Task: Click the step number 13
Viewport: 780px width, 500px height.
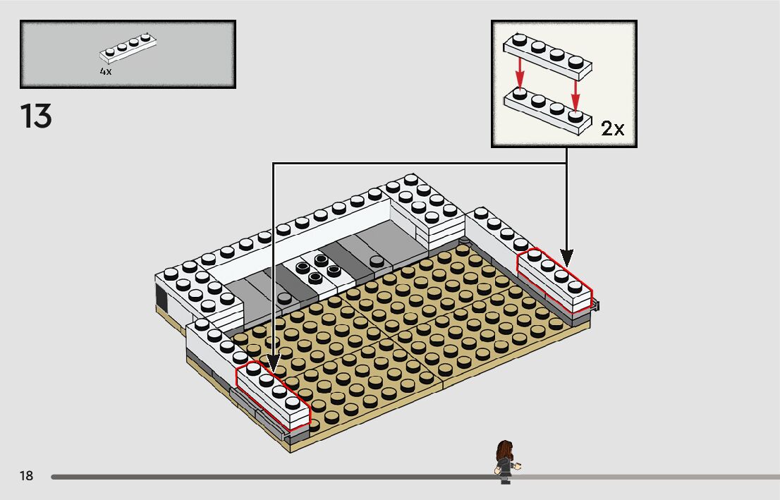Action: pos(36,116)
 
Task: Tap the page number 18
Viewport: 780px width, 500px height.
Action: pos(26,476)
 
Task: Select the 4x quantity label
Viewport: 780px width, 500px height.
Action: pos(106,72)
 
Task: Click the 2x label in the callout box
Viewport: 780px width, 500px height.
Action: pos(612,128)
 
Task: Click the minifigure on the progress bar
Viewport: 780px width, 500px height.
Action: pos(506,463)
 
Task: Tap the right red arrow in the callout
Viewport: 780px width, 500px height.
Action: pos(575,90)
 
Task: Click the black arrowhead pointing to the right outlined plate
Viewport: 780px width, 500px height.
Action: pos(567,258)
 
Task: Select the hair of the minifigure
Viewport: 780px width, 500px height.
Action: pos(505,449)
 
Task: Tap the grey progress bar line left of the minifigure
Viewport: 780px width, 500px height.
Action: pos(268,477)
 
